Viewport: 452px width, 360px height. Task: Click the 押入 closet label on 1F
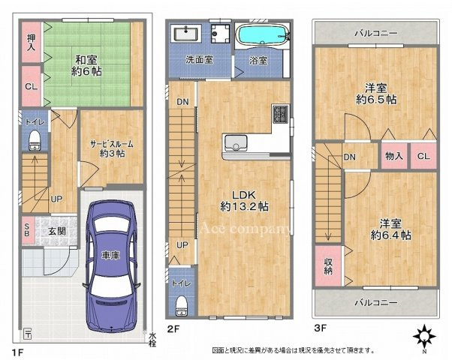coord(32,42)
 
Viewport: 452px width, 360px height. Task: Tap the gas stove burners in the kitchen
coord(280,114)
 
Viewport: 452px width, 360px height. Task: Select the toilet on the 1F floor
coord(34,140)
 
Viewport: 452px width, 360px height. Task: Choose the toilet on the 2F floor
coord(181,304)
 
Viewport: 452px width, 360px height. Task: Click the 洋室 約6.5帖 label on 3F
coord(377,92)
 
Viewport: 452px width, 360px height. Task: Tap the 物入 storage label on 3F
coord(394,156)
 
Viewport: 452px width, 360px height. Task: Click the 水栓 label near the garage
coord(152,339)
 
